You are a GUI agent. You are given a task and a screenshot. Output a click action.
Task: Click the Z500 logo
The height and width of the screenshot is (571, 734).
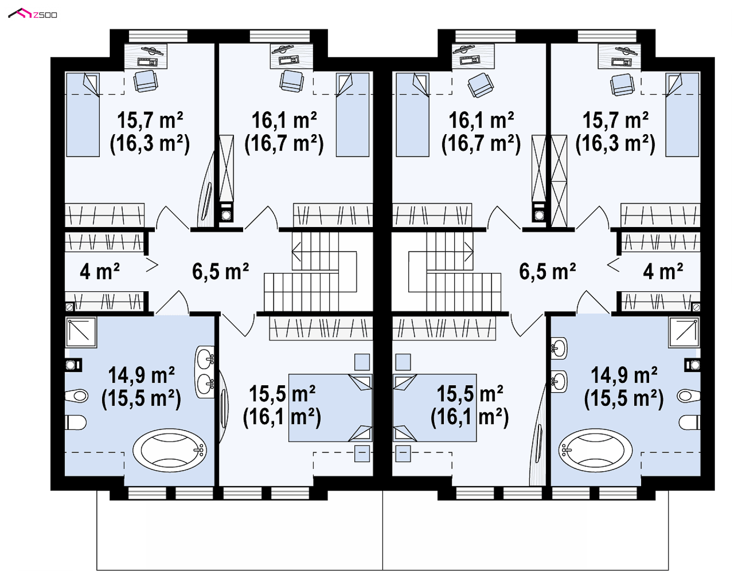[32, 14]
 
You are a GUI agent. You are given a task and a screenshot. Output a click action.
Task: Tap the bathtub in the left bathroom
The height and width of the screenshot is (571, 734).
[170, 450]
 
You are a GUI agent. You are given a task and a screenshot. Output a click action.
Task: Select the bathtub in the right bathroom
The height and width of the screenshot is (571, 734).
[595, 450]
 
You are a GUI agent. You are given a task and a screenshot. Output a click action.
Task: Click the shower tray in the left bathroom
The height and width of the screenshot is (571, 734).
[81, 332]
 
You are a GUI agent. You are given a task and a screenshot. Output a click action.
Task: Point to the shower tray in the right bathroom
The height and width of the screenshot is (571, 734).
[684, 332]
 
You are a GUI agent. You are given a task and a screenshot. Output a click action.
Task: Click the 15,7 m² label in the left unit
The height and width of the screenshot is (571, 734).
[150, 120]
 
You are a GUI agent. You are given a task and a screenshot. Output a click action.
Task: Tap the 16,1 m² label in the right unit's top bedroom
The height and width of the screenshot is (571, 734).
[481, 120]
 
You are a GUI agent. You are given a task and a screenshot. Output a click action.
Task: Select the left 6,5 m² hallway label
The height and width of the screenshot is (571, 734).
[221, 271]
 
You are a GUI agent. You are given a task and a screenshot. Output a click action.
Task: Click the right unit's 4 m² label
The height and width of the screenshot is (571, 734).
[663, 271]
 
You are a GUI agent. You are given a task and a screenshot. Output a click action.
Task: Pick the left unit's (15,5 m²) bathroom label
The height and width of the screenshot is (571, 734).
[141, 398]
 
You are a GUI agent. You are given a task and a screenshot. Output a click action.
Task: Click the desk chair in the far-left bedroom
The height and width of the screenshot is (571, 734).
[146, 81]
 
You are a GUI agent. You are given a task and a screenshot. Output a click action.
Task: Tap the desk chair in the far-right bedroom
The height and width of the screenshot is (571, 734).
[622, 85]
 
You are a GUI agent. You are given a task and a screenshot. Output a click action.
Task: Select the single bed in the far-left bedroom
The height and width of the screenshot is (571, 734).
[83, 115]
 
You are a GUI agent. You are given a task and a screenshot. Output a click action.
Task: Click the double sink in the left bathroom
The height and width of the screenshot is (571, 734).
[205, 372]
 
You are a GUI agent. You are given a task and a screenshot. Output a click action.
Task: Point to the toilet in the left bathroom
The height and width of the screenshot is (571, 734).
[76, 423]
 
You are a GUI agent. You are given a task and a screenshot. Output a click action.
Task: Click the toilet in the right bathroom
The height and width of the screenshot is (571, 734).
[690, 423]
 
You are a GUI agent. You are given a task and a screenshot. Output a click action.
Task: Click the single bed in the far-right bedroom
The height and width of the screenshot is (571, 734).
[682, 115]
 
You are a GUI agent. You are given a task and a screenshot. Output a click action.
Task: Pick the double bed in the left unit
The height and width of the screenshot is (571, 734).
[330, 408]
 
